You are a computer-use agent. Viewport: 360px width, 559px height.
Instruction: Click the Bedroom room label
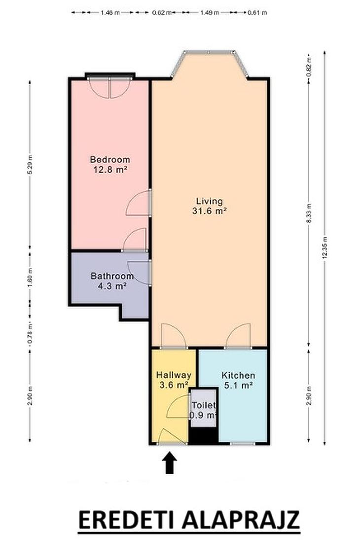click(x=110, y=160)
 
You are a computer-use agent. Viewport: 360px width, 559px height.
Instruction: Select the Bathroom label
click(x=112, y=276)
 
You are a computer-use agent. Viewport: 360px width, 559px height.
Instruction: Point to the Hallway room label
click(x=174, y=375)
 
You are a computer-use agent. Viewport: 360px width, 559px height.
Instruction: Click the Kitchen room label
click(x=238, y=376)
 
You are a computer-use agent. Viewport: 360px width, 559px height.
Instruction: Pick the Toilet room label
click(x=204, y=405)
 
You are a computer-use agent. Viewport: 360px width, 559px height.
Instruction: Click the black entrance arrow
click(x=170, y=463)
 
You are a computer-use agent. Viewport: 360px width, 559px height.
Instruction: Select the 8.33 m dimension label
click(x=309, y=213)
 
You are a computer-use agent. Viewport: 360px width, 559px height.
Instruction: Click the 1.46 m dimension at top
click(x=110, y=13)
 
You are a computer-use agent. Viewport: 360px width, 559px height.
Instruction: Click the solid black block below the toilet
click(x=203, y=435)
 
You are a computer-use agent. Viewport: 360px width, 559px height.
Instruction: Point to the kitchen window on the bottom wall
click(x=243, y=444)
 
